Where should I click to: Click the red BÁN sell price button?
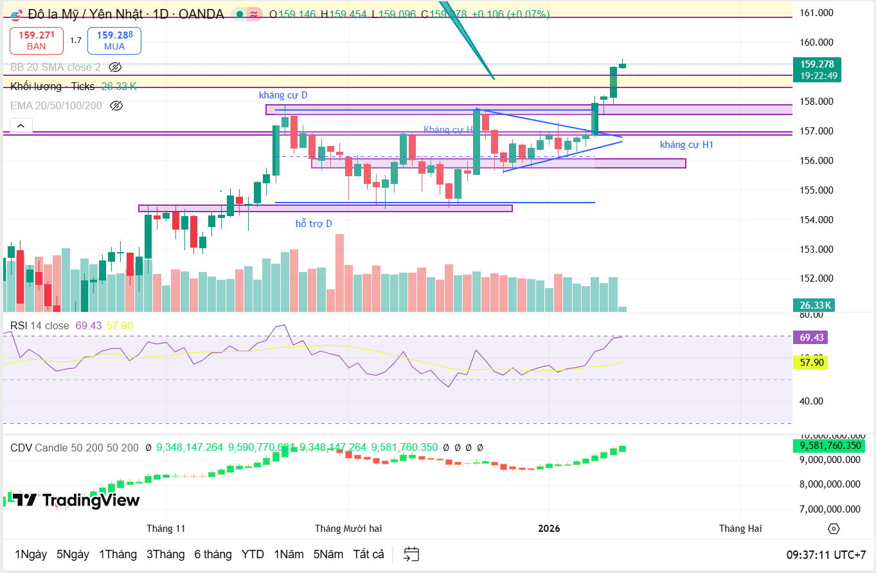[x=37, y=41]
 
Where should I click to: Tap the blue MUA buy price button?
[x=114, y=41]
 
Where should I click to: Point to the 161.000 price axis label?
[x=816, y=13]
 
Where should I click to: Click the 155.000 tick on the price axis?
[x=816, y=190]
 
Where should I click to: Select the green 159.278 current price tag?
[x=817, y=69]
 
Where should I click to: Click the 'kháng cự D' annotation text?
[x=283, y=95]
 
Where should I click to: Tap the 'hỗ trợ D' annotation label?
[x=314, y=224]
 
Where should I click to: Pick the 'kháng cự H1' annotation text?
[x=686, y=145]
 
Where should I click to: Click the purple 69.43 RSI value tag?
[x=810, y=338]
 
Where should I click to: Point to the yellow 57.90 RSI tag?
[x=810, y=363]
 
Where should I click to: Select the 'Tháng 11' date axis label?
[x=166, y=529]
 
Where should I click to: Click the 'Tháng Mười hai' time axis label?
[x=348, y=529]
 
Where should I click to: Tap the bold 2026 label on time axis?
[x=549, y=529]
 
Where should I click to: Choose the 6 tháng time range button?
[x=213, y=554]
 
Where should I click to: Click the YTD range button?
[x=253, y=554]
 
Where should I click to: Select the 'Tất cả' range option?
[x=368, y=554]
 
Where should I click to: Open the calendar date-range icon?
[x=411, y=554]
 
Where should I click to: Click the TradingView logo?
[x=76, y=500]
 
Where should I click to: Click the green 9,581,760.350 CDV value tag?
[x=828, y=446]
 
